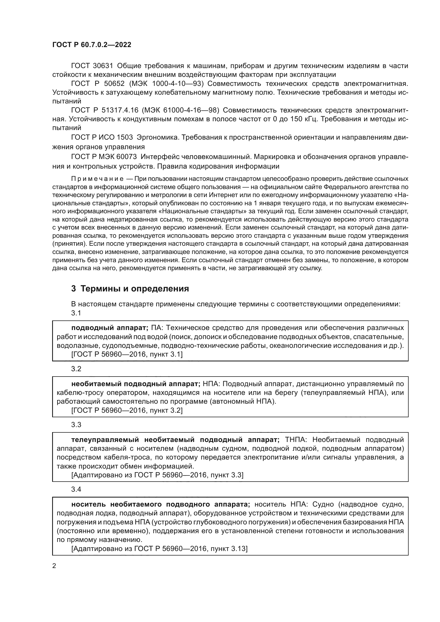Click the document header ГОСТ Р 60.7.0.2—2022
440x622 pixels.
(x=92, y=45)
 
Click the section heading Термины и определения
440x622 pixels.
(x=135, y=289)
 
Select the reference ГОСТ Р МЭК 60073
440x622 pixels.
(x=104, y=157)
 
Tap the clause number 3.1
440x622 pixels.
(x=76, y=313)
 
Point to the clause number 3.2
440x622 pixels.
(x=76, y=369)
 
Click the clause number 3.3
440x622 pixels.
(x=76, y=424)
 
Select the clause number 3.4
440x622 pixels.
(x=76, y=489)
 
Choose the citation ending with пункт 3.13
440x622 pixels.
(x=159, y=549)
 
